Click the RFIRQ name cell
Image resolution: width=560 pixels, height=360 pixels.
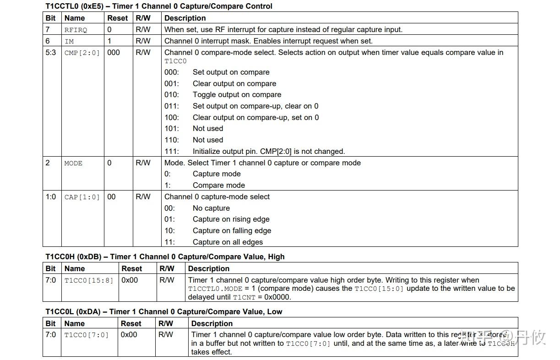pyautogui.click(x=76, y=30)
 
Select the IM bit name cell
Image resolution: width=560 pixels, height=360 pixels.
pyautogui.click(x=69, y=41)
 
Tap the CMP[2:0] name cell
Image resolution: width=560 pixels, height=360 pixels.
pyautogui.click(x=82, y=53)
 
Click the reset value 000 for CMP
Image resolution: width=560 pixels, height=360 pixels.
pyautogui.click(x=114, y=53)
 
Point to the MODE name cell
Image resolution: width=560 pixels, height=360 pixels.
pyautogui.click(x=73, y=163)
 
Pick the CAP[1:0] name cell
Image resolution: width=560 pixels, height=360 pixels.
pyautogui.click(x=82, y=197)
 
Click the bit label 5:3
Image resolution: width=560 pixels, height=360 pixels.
pyautogui.click(x=50, y=53)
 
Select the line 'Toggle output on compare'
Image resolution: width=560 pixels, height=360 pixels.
pyautogui.click(x=237, y=95)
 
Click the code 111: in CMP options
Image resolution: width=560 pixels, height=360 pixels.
pyautogui.click(x=172, y=151)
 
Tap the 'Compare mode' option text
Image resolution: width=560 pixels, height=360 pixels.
pyautogui.click(x=218, y=185)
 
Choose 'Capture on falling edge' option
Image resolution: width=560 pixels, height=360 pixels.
pyautogui.click(x=232, y=231)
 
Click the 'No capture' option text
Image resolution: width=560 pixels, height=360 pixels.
pyautogui.click(x=211, y=208)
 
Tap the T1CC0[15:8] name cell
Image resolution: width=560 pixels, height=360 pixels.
pyautogui.click(x=88, y=280)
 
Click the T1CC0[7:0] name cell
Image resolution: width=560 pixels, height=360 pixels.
pyautogui.click(x=87, y=335)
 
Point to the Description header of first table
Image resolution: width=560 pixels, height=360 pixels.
pyautogui.click(x=185, y=18)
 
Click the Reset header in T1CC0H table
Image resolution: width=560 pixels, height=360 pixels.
pyautogui.click(x=131, y=269)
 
